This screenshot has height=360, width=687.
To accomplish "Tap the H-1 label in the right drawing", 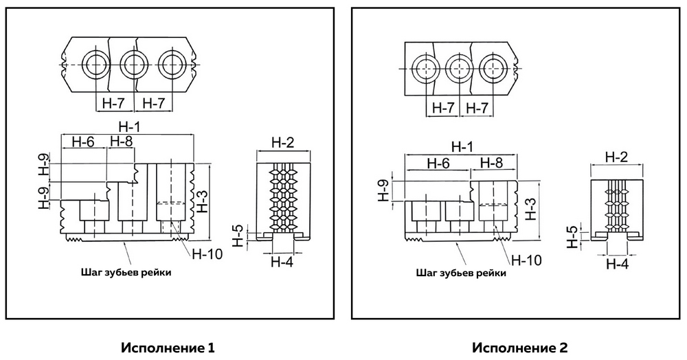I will (462, 147).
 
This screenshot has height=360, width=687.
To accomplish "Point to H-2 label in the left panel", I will (282, 143).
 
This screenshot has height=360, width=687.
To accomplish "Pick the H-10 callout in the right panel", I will (528, 260).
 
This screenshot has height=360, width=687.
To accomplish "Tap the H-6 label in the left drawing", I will (82, 142).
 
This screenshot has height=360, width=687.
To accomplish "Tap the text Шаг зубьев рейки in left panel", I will (126, 272).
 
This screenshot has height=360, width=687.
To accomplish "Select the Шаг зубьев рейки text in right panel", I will (462, 272).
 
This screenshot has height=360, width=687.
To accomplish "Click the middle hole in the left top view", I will (133, 65).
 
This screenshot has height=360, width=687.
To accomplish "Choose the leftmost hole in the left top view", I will (93, 65).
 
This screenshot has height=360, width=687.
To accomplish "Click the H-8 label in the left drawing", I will (121, 142).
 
